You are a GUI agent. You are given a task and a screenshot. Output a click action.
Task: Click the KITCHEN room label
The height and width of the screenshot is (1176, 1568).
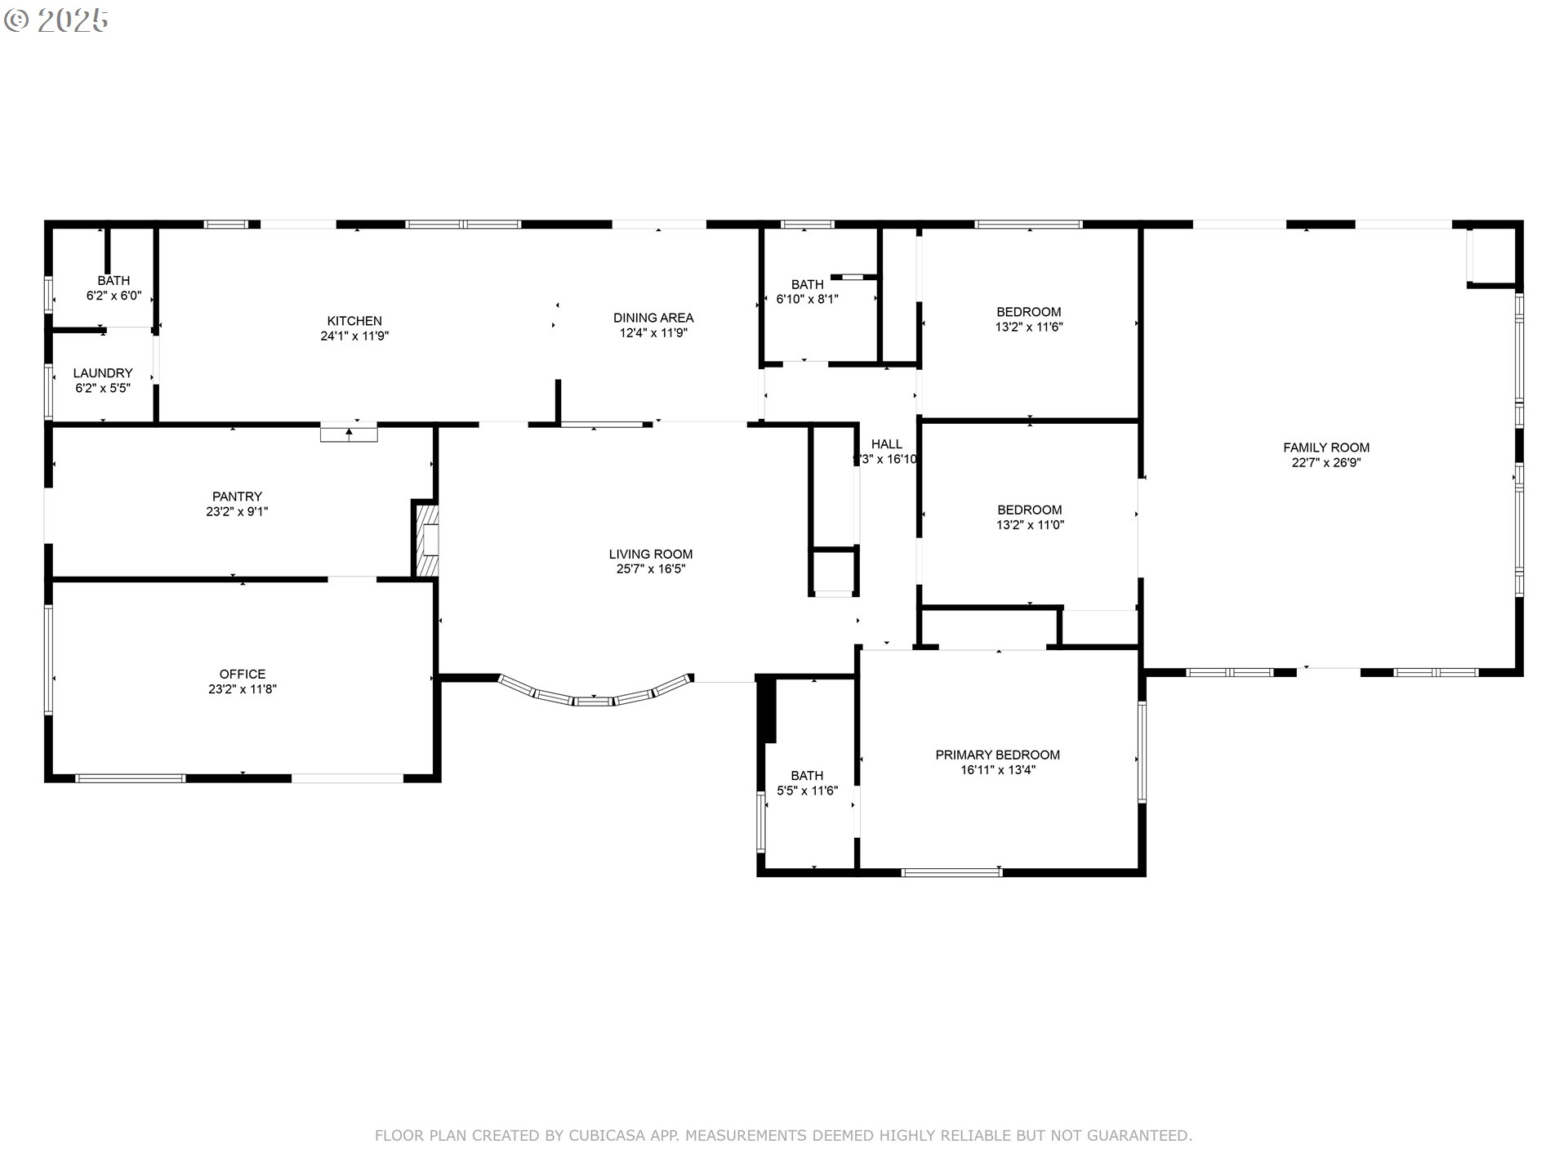tap(354, 321)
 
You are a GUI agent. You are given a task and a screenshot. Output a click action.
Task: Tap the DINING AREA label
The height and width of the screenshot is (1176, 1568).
tap(653, 318)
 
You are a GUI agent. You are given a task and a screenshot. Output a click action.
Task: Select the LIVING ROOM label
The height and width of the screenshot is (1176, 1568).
tap(651, 554)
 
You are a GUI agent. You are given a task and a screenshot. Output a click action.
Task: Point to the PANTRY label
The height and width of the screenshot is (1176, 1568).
tap(237, 497)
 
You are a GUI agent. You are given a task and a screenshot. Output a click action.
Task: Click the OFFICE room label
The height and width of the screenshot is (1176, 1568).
tap(243, 674)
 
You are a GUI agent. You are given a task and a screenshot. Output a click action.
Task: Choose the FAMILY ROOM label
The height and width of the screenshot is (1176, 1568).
tap(1326, 448)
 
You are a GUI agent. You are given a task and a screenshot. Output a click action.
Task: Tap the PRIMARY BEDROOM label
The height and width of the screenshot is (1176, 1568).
tap(998, 755)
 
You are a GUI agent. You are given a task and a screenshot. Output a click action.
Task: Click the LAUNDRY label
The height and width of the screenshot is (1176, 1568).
tap(103, 373)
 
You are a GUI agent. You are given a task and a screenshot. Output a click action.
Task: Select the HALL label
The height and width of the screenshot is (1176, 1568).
tap(887, 444)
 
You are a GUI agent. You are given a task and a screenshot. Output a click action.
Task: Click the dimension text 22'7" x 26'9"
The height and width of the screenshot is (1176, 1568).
tap(1326, 462)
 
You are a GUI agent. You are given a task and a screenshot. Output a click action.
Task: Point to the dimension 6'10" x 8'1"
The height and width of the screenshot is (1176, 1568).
tap(807, 299)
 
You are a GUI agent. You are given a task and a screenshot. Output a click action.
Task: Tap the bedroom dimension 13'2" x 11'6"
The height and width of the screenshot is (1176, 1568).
tap(1029, 327)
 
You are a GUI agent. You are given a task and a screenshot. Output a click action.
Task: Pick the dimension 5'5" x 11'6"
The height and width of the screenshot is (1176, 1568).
tap(807, 791)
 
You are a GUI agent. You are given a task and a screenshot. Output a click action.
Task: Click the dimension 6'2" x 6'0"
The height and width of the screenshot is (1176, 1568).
tap(114, 296)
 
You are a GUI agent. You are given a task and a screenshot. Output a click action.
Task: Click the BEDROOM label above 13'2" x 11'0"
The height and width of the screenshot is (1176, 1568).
tap(1029, 510)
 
